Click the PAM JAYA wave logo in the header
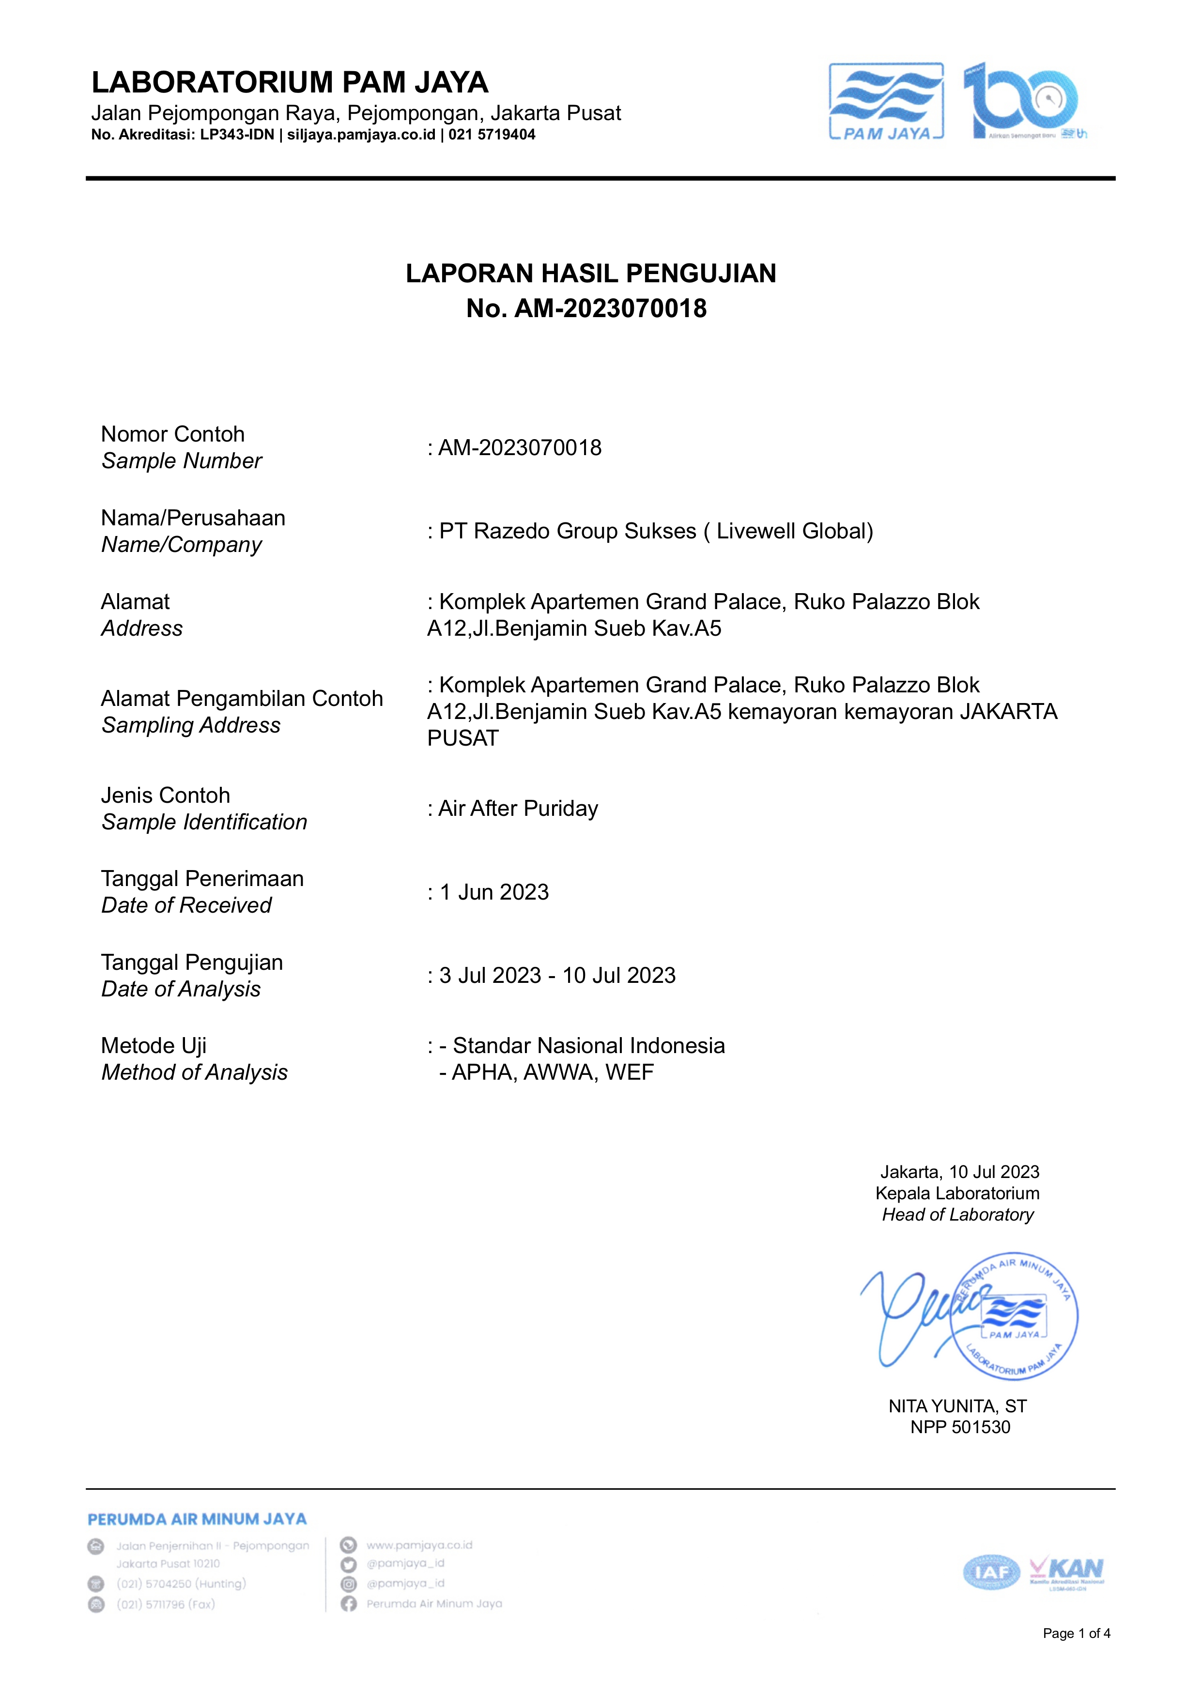886,101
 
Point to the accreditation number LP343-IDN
237,135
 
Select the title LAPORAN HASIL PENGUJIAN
591,274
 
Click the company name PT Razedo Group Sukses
567,531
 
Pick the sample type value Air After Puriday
518,808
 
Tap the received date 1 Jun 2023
494,892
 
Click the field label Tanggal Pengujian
192,962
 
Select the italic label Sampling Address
191,725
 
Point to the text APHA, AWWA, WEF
553,1072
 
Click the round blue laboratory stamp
1017,1315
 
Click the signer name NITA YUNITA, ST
957,1406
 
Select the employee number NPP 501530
960,1427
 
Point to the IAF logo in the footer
990,1573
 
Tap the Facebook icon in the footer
348,1603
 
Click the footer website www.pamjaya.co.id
419,1544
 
